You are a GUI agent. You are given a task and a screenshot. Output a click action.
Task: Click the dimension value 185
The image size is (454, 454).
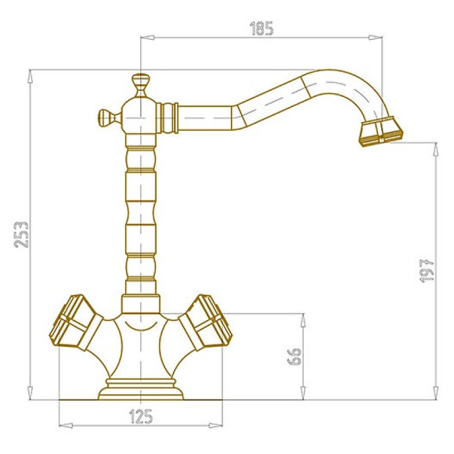coord(261,28)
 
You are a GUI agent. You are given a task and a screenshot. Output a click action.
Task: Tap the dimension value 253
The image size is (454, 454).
coord(22,235)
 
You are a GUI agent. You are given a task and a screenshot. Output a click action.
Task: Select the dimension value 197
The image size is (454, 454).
coord(427,271)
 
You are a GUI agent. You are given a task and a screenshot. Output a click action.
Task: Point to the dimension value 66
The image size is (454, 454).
coord(294,356)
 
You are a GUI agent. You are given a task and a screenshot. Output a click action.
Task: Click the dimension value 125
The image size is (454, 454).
coord(141,416)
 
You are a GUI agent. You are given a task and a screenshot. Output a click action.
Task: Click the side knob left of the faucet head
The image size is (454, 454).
coord(106,118)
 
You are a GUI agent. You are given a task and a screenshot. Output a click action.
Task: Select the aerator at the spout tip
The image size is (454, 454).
coord(381,132)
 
